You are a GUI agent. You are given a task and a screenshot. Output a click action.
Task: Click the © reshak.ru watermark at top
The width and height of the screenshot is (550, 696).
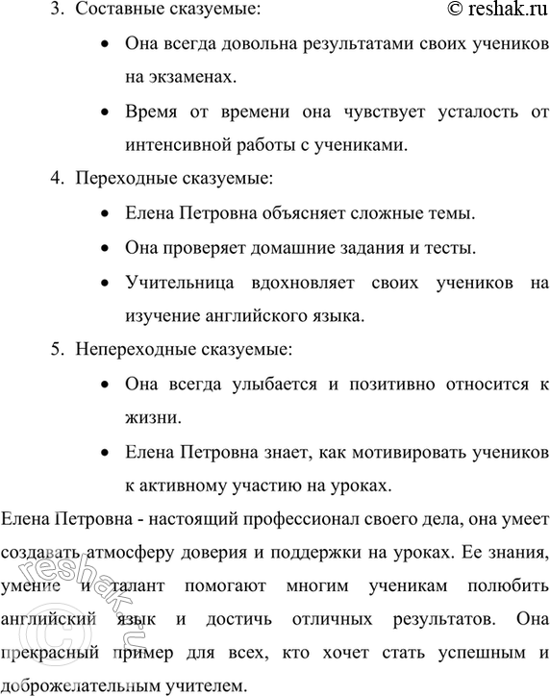pyautogui.click(x=477, y=11)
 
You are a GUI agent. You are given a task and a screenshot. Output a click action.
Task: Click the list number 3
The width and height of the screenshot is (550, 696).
pyautogui.click(x=55, y=12)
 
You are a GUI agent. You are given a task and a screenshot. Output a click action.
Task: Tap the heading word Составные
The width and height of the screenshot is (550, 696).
pyautogui.click(x=118, y=12)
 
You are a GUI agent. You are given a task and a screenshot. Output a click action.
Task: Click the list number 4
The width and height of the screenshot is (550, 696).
pyautogui.click(x=55, y=179)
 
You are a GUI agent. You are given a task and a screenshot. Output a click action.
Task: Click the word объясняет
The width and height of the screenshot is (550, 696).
pyautogui.click(x=298, y=213)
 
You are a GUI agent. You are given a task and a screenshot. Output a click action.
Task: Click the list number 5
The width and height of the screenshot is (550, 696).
pyautogui.click(x=55, y=350)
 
